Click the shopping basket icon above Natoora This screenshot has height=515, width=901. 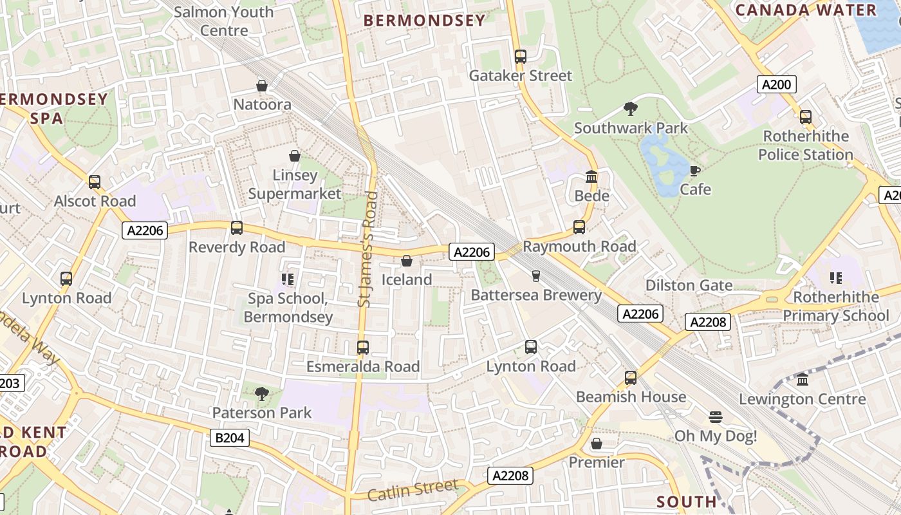point(262,86)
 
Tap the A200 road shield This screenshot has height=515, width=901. point(777,84)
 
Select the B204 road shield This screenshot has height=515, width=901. point(230,438)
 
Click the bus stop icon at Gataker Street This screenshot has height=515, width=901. point(521,57)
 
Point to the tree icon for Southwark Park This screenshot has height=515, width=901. point(631,109)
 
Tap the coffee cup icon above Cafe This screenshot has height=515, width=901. point(695,171)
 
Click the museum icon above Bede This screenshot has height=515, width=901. point(591,176)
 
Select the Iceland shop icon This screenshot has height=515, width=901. point(407,261)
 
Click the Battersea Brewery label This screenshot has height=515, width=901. point(536,295)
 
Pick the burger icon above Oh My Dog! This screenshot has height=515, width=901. point(715,417)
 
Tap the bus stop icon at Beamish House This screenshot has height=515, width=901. point(631,378)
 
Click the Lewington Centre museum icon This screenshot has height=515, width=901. point(803,380)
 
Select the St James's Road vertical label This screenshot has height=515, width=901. point(366,248)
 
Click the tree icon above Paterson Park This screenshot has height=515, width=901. point(261,393)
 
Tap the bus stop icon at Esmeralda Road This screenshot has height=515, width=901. point(363,348)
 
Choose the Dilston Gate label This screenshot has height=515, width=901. point(689,285)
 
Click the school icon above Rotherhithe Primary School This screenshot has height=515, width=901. point(835,278)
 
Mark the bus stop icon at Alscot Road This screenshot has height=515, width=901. point(95,182)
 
